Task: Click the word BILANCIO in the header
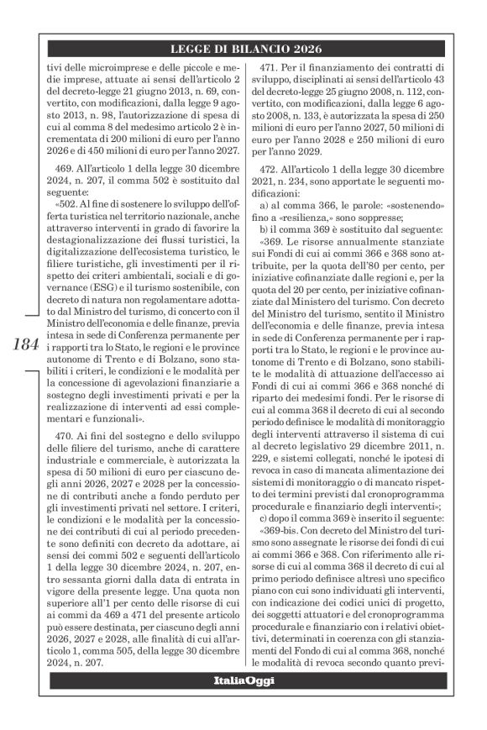coord(244,50)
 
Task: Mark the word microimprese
coord(126,66)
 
